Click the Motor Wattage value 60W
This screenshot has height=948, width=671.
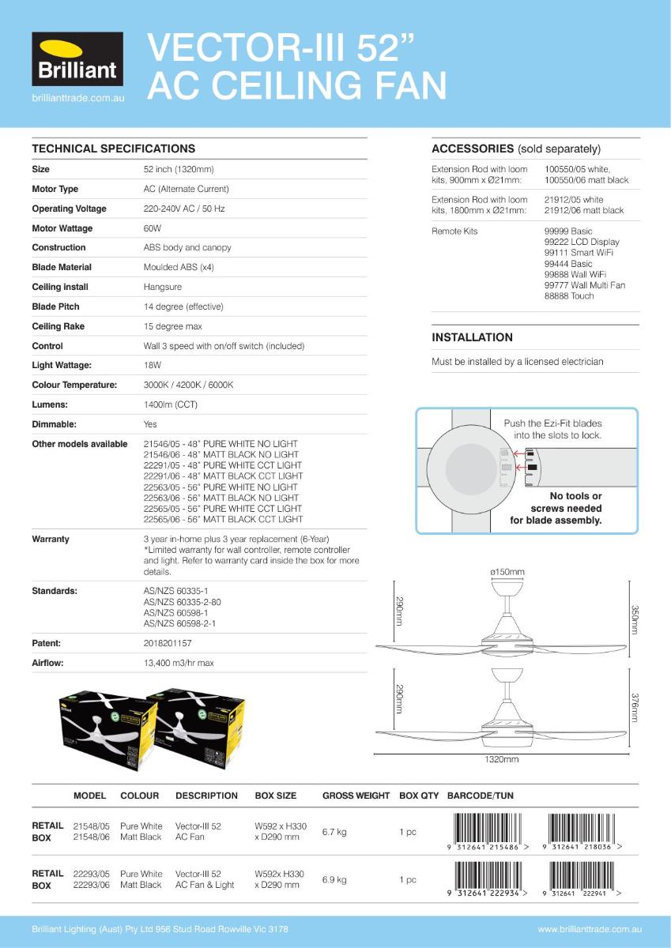(153, 228)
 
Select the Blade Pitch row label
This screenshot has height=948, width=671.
(55, 307)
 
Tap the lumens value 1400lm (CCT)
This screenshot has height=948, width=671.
(171, 404)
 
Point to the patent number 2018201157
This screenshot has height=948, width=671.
(168, 644)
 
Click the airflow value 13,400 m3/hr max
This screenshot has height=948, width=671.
(179, 664)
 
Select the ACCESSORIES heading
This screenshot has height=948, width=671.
(473, 149)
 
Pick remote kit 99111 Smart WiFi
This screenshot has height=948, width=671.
(579, 253)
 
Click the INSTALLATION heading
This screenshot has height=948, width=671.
(472, 337)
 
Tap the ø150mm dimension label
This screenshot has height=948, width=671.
(507, 572)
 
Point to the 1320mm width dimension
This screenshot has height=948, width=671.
(502, 760)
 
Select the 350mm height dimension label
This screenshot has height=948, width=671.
(634, 620)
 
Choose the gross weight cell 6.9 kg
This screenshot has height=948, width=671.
(334, 879)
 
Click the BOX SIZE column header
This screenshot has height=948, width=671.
(276, 796)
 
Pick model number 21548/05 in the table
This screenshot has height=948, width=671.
(91, 826)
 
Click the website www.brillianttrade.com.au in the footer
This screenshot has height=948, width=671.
(590, 930)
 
